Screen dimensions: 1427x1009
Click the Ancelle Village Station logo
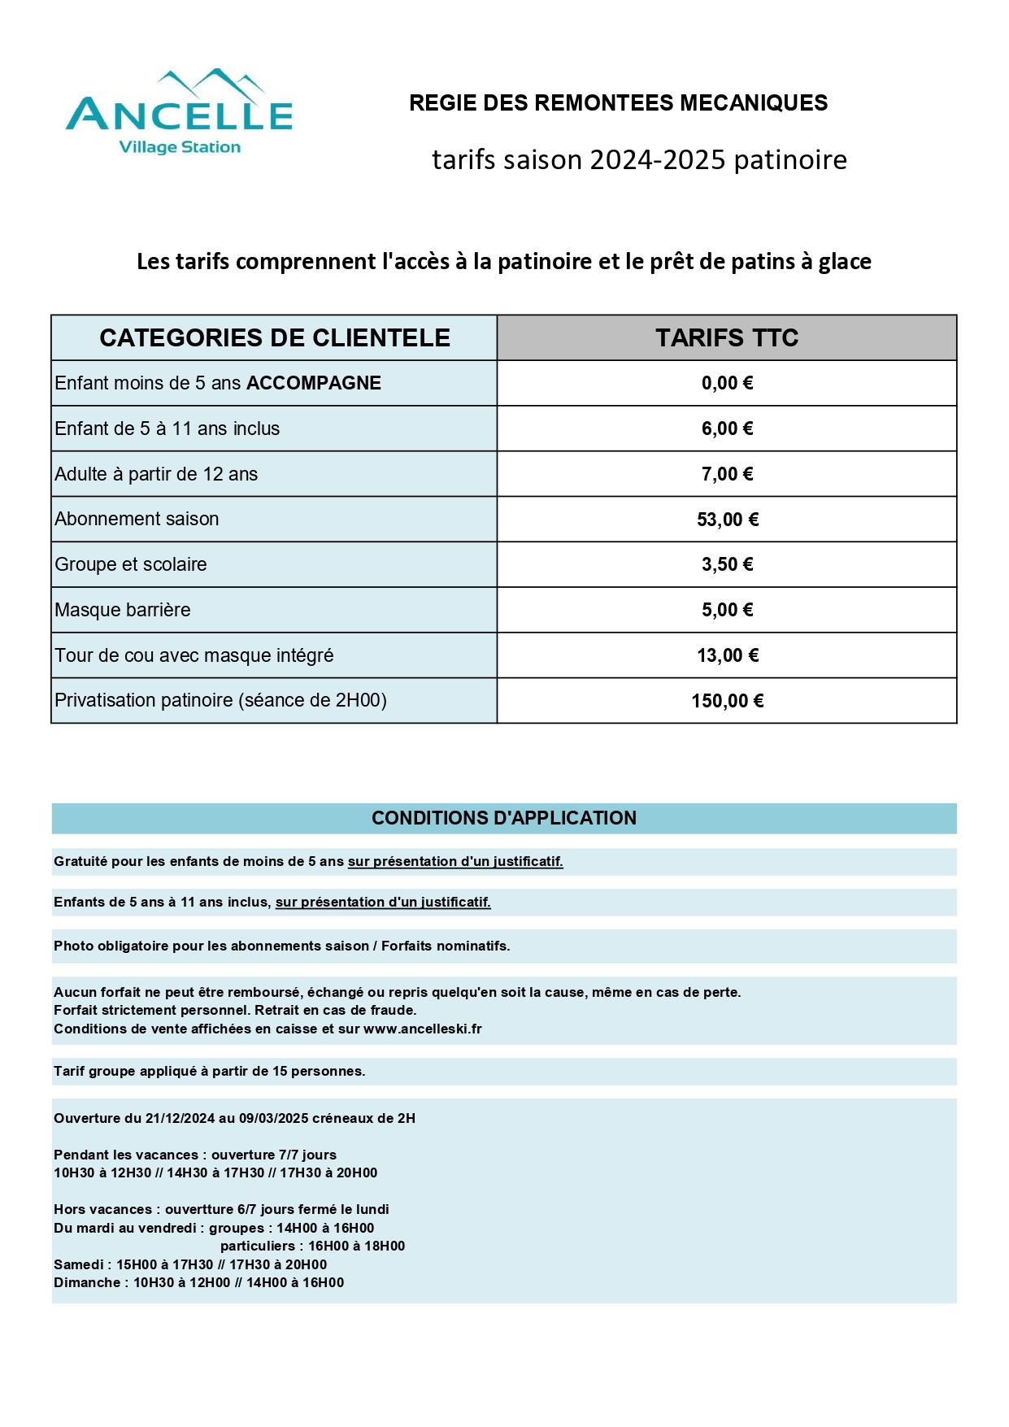(179, 113)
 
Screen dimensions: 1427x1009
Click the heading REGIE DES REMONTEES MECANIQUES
(618, 103)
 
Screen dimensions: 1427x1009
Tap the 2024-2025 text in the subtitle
(658, 160)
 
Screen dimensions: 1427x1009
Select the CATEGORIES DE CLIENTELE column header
(275, 338)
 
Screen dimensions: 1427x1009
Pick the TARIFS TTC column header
(727, 338)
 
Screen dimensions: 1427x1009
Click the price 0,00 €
(727, 384)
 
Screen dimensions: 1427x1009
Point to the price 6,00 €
(727, 429)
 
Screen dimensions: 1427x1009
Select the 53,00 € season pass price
(727, 520)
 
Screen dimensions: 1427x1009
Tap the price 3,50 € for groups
(727, 565)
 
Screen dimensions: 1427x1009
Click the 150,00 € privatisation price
(727, 701)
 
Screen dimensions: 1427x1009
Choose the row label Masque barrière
(123, 610)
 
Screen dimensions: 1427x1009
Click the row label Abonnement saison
(137, 520)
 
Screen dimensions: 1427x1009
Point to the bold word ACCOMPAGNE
(314, 384)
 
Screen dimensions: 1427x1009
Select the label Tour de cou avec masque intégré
(194, 655)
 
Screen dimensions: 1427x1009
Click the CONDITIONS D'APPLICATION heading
(504, 818)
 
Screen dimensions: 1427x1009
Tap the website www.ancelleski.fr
(423, 1029)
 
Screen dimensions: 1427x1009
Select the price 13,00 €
(727, 655)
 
